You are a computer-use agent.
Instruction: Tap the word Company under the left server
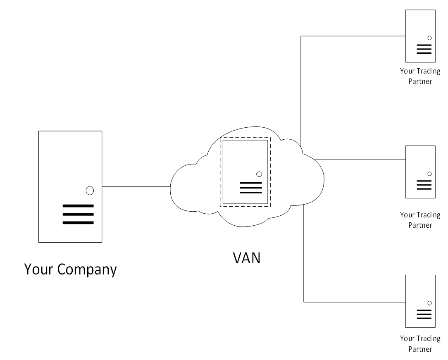click(x=87, y=269)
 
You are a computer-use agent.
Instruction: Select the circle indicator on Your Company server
click(x=90, y=191)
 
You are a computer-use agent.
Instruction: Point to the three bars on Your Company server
click(x=78, y=214)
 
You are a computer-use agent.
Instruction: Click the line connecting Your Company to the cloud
click(x=136, y=186)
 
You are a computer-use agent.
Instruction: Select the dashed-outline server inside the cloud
click(x=245, y=172)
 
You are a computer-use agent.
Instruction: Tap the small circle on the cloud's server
click(x=259, y=174)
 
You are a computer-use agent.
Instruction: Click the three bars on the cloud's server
click(x=251, y=187)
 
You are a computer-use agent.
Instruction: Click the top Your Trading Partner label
click(x=420, y=76)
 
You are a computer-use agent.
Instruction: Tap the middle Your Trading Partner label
click(x=420, y=220)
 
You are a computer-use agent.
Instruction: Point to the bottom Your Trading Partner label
click(x=420, y=344)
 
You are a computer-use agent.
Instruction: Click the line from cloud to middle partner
click(x=360, y=160)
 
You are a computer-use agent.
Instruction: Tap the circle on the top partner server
click(x=429, y=38)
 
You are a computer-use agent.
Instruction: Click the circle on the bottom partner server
click(x=429, y=303)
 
